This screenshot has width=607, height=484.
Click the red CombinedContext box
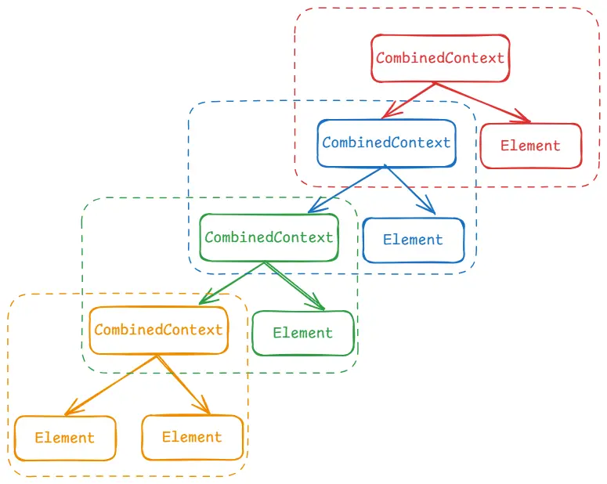coord(440,58)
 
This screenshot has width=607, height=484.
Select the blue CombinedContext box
coord(386,143)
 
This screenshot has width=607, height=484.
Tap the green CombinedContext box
coord(269,237)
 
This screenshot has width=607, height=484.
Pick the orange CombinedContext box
coord(158,330)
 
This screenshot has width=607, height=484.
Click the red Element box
coord(530,146)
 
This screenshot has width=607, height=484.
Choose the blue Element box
coord(413,240)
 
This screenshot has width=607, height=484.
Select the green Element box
coord(302,333)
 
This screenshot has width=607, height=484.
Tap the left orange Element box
coord(65,438)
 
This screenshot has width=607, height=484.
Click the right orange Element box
coord(192,437)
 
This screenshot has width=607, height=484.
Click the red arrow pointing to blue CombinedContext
coord(409,101)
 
